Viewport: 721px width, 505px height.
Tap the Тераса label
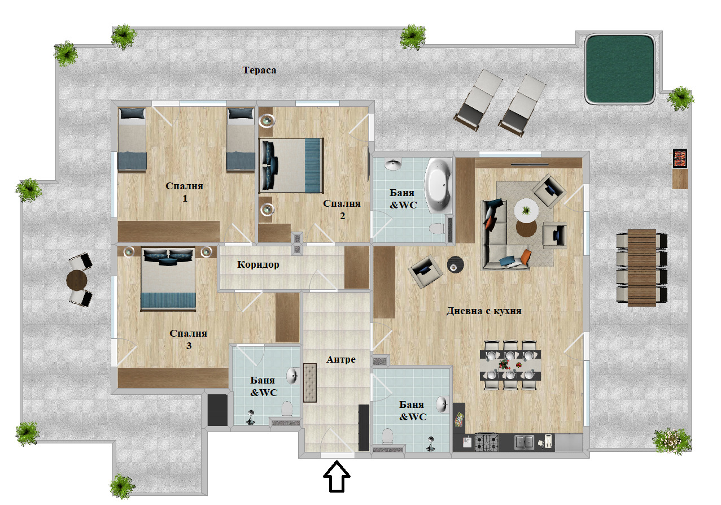tap(259, 70)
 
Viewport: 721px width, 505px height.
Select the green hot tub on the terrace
tap(620, 69)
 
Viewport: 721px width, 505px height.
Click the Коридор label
tap(258, 264)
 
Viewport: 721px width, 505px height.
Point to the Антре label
tap(341, 359)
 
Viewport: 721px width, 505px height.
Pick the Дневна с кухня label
tap(484, 311)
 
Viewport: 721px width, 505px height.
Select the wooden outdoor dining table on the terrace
tap(642, 267)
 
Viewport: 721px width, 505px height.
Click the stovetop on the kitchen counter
tap(487, 442)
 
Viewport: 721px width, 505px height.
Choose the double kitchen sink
tap(524, 442)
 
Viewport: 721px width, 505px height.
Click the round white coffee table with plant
tap(526, 211)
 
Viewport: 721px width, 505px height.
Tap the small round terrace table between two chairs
tap(77, 280)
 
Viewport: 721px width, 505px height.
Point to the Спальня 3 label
tap(189, 339)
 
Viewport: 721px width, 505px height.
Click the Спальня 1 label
tap(185, 192)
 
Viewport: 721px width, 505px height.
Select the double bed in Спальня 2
tap(291, 166)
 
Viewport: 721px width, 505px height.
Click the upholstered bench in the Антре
tap(309, 382)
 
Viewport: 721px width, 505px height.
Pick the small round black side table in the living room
tap(456, 264)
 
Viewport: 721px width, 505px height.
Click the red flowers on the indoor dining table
tap(502, 364)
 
